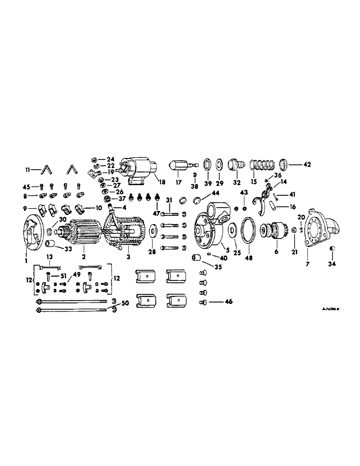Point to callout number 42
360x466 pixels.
pos(307,164)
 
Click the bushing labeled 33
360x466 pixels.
pos(51,244)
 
